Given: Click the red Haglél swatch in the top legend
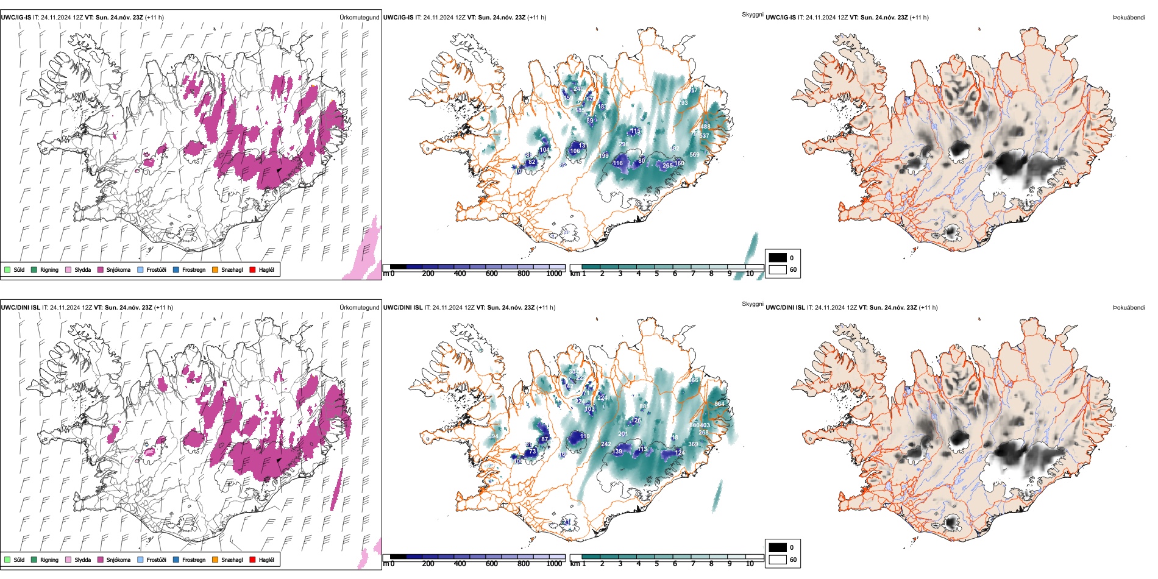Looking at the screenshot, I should pyautogui.click(x=253, y=269).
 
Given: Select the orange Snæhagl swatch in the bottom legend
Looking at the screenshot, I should pyautogui.click(x=215, y=559).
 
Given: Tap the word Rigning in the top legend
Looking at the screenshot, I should pyautogui.click(x=49, y=269).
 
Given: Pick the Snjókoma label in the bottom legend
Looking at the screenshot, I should pyautogui.click(x=118, y=559).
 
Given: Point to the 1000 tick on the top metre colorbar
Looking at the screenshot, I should pyautogui.click(x=554, y=274).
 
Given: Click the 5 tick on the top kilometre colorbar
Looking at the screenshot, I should pyautogui.click(x=656, y=274).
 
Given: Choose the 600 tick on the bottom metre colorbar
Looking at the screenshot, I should pyautogui.click(x=491, y=564).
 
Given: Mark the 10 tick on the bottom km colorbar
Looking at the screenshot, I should pyautogui.click(x=750, y=564).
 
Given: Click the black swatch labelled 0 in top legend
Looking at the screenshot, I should pyautogui.click(x=778, y=257).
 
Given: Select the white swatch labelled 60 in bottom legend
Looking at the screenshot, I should pyautogui.click(x=778, y=559).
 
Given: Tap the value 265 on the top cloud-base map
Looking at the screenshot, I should pyautogui.click(x=667, y=165).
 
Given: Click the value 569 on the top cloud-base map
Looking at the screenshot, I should pyautogui.click(x=694, y=155).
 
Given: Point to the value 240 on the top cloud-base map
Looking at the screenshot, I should pyautogui.click(x=578, y=89).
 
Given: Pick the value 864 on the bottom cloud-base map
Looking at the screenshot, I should pyautogui.click(x=719, y=403).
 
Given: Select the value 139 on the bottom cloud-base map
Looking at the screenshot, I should pyautogui.click(x=617, y=452).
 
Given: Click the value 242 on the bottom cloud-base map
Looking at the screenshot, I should pyautogui.click(x=606, y=444).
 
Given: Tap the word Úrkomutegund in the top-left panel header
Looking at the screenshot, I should pyautogui.click(x=359, y=17).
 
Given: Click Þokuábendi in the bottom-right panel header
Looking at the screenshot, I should pyautogui.click(x=1129, y=307).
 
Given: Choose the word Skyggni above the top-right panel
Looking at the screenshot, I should pyautogui.click(x=752, y=15).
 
